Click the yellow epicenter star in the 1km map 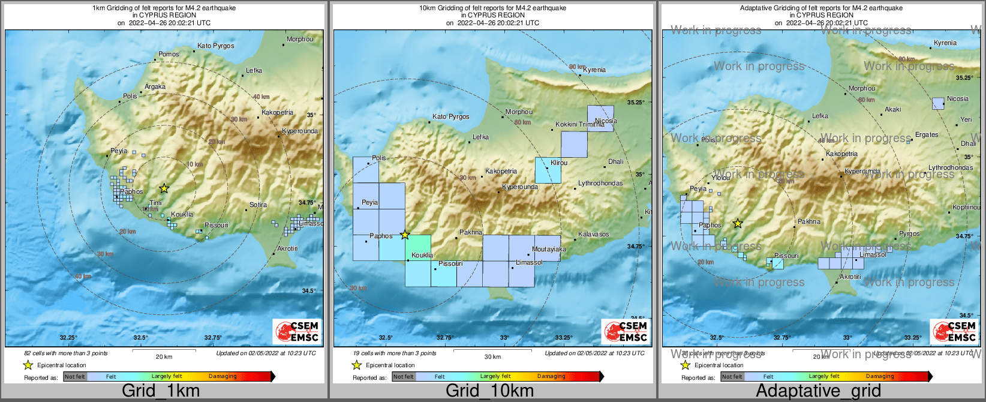164,188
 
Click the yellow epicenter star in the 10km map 405,235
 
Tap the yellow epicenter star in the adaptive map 738,224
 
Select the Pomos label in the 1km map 169,55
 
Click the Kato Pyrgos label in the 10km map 450,117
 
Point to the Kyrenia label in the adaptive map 945,43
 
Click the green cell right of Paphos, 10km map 418,247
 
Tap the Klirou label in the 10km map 559,163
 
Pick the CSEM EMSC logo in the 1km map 297,331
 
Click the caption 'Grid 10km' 489,391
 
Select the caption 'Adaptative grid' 818,391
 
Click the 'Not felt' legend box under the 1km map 75,377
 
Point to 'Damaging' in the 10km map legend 551,377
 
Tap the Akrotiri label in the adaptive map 850,277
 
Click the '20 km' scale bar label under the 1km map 164,357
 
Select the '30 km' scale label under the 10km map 492,357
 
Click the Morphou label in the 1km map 300,40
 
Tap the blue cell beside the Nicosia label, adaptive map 938,103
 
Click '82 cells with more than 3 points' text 66,353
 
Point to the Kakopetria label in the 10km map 501,172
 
